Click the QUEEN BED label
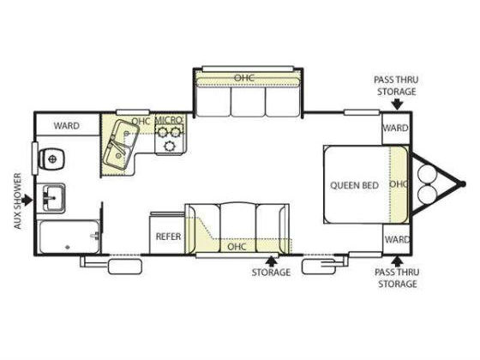pyautogui.click(x=354, y=185)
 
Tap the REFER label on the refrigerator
pyautogui.click(x=168, y=237)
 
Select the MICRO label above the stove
pyautogui.click(x=169, y=120)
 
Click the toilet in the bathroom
pyautogui.click(x=51, y=159)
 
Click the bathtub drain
pyautogui.click(x=68, y=247)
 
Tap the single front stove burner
pyautogui.click(x=169, y=146)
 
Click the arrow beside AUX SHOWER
pyautogui.click(x=27, y=201)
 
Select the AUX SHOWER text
pyautogui.click(x=18, y=201)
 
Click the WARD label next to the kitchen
pyautogui.click(x=67, y=125)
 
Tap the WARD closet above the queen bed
pyautogui.click(x=395, y=128)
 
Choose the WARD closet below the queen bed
pyautogui.click(x=396, y=239)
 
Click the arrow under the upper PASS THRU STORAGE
pyautogui.click(x=397, y=104)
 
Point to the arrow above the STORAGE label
pyautogui.click(x=271, y=261)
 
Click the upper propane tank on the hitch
pyautogui.click(x=427, y=173)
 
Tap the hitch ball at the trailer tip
pyautogui.click(x=463, y=183)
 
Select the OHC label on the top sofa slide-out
pyautogui.click(x=244, y=78)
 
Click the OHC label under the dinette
pyautogui.click(x=237, y=247)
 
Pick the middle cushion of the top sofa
pyautogui.click(x=248, y=102)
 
